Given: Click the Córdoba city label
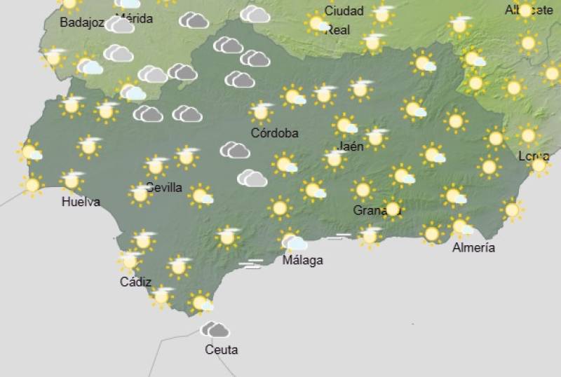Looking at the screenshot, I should pyautogui.click(x=275, y=132).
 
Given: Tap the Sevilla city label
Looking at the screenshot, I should pyautogui.click(x=164, y=188).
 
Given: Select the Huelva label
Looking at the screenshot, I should pyautogui.click(x=81, y=202).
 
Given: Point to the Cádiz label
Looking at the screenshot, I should pyautogui.click(x=135, y=282).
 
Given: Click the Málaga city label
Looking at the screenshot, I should pyautogui.click(x=302, y=260).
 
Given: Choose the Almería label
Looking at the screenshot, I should pyautogui.click(x=473, y=247).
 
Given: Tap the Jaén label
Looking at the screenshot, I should pyautogui.click(x=351, y=146).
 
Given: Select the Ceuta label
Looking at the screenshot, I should pyautogui.click(x=221, y=349).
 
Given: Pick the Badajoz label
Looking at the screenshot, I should pyautogui.click(x=81, y=22).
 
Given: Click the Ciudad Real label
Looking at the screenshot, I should pyautogui.click(x=343, y=20).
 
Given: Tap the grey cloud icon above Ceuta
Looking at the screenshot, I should pyautogui.click(x=215, y=329).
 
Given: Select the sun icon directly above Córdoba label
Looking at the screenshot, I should pyautogui.click(x=262, y=111).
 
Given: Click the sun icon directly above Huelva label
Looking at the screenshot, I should pyautogui.click(x=71, y=180).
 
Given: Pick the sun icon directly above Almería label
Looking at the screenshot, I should pyautogui.click(x=461, y=226).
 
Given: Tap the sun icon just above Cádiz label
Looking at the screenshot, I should pyautogui.click(x=129, y=261).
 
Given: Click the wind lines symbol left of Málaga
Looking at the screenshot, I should pyautogui.click(x=250, y=263).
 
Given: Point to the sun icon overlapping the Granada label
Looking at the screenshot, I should pyautogui.click(x=392, y=208).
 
